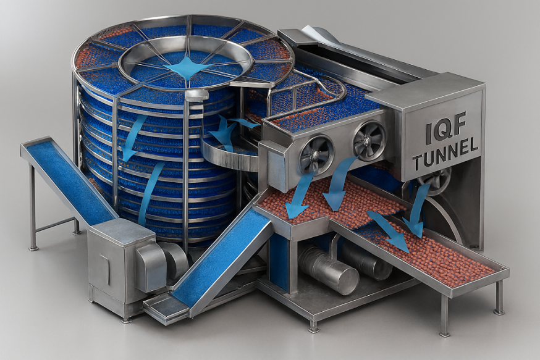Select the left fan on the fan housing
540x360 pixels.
click(316, 154)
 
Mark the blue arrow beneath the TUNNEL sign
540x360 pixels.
click(416, 210)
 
